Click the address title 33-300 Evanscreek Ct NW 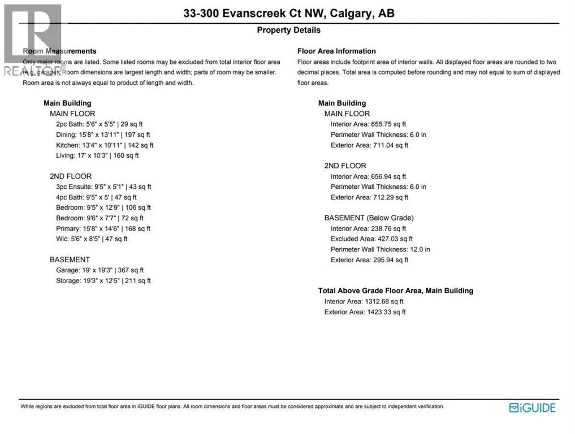(x=288, y=13)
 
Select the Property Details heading (x=288, y=30)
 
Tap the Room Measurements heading (x=59, y=51)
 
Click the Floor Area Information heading (x=336, y=51)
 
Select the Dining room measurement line (x=103, y=134)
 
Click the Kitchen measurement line (x=105, y=145)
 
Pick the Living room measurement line (x=97, y=155)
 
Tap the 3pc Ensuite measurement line (x=103, y=186)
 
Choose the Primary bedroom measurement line (x=103, y=228)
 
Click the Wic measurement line (x=92, y=239)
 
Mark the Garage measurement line (x=100, y=270)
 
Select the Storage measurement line (x=103, y=280)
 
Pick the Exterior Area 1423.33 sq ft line (x=365, y=312)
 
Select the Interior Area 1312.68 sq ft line (x=364, y=301)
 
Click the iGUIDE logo (x=532, y=407)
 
